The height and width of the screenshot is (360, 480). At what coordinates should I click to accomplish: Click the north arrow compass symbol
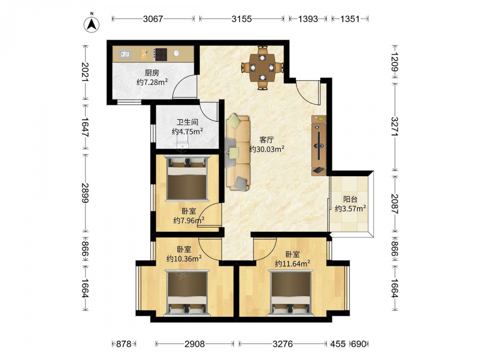91,24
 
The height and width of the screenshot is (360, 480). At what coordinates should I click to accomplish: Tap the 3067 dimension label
153,19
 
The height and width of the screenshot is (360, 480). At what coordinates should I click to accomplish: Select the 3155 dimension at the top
241,19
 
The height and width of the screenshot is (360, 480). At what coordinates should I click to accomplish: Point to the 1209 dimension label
395,62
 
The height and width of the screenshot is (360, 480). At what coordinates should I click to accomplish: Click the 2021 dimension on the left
85,72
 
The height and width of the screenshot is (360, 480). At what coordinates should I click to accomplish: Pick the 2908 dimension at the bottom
195,344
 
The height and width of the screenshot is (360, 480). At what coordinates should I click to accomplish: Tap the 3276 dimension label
283,344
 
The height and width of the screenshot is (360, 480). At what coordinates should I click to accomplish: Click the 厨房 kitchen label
152,73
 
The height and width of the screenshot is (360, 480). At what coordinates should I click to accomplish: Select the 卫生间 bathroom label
187,122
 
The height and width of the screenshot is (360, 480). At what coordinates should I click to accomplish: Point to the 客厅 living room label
266,140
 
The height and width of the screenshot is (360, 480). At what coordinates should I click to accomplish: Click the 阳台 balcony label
350,199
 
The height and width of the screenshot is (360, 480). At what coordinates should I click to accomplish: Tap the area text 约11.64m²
293,264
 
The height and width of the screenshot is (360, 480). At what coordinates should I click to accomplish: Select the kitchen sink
125,54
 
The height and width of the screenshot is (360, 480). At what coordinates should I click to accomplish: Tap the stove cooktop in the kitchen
160,55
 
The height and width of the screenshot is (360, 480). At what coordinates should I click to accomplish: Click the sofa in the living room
238,153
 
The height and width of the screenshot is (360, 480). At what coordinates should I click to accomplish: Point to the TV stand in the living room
319,145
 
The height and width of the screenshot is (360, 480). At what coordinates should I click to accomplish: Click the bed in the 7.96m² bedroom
187,179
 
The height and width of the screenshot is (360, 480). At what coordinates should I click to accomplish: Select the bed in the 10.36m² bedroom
187,293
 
